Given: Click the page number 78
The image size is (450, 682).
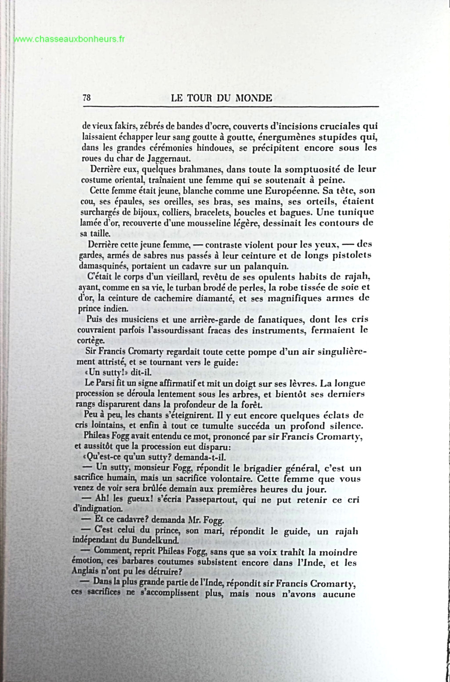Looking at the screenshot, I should [x=87, y=98].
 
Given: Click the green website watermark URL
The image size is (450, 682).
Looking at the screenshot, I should [x=69, y=39].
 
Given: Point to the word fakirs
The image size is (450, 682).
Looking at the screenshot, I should [x=118, y=126].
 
